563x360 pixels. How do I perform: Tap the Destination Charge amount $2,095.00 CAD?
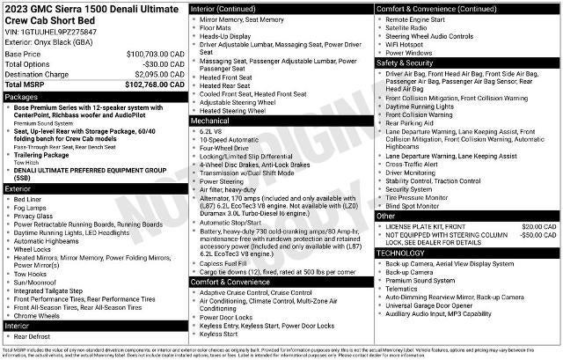point(157,74)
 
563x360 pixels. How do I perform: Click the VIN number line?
point(50,32)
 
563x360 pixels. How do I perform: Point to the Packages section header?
point(21,96)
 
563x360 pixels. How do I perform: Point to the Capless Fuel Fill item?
point(227,263)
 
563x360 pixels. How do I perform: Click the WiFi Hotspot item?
point(408,43)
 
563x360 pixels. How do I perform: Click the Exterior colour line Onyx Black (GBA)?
point(48,41)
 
